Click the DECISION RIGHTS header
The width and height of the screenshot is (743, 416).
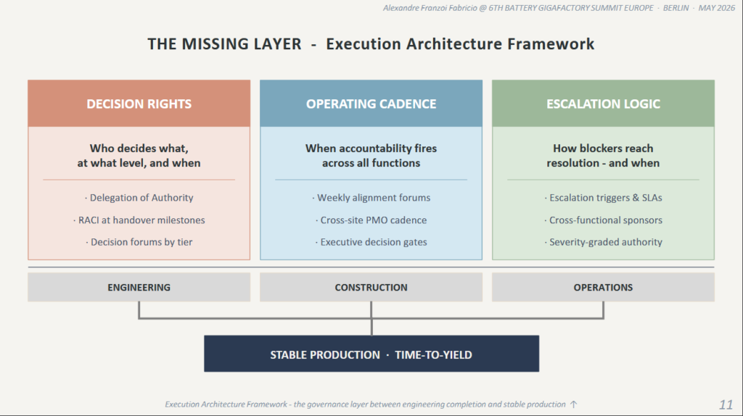139,104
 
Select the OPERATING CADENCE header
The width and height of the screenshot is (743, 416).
371,104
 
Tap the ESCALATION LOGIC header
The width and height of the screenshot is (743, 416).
603,104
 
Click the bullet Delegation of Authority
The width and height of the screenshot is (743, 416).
139,198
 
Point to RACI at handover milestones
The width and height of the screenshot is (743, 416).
139,220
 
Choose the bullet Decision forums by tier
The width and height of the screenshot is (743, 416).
139,242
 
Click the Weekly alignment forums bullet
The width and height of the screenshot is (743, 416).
371,198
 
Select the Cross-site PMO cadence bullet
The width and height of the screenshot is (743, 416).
371,220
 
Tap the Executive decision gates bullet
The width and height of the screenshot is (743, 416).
371,242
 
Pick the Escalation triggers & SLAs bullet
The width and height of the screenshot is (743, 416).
603,198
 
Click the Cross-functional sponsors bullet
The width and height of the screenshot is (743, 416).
603,220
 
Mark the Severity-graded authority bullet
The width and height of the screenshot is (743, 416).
603,242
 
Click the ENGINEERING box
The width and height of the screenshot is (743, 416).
139,287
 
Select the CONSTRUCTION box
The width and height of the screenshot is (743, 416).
371,287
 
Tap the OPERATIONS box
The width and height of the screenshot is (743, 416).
603,287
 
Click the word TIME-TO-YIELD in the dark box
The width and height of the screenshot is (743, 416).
433,355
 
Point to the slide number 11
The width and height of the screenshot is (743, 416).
726,404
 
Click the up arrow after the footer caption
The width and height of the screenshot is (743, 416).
573,404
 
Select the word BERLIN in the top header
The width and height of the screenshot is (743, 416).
676,8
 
